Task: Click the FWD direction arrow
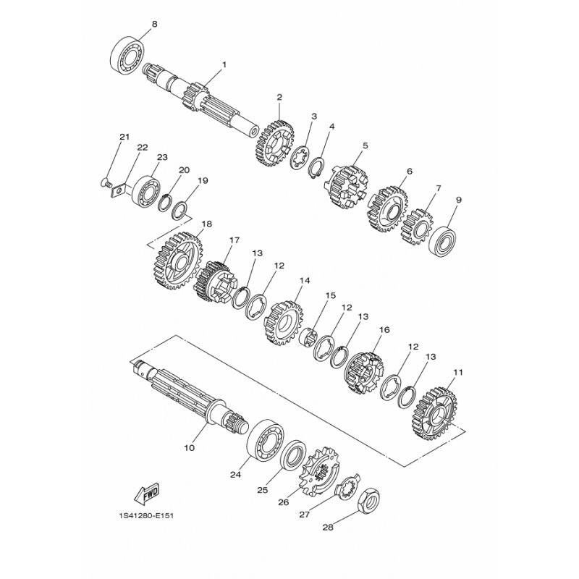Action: (x=147, y=494)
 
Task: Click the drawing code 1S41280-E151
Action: (x=146, y=515)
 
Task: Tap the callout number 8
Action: (x=154, y=24)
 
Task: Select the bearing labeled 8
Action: (x=127, y=56)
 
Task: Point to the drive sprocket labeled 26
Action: (x=319, y=472)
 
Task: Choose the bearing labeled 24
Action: (x=266, y=440)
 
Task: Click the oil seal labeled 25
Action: (x=293, y=455)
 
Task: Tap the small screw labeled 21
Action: (x=106, y=182)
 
